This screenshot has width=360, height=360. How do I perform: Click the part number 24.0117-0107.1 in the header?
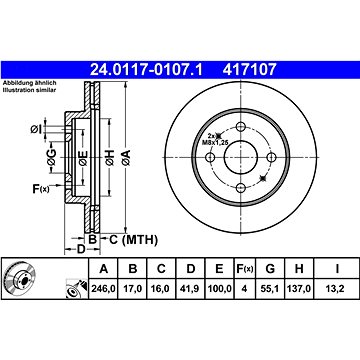[146, 70]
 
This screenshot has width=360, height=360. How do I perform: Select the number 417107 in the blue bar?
[250, 70]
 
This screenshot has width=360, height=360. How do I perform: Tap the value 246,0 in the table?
[103, 289]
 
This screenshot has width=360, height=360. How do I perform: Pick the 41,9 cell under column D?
[190, 289]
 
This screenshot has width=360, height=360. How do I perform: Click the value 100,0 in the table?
[219, 289]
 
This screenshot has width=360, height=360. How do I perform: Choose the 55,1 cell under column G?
[270, 289]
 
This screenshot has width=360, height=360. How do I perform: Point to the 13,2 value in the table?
[337, 289]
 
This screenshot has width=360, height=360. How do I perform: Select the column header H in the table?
[299, 269]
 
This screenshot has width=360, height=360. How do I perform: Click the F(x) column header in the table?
[245, 269]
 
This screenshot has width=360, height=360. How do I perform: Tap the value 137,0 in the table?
[299, 289]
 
